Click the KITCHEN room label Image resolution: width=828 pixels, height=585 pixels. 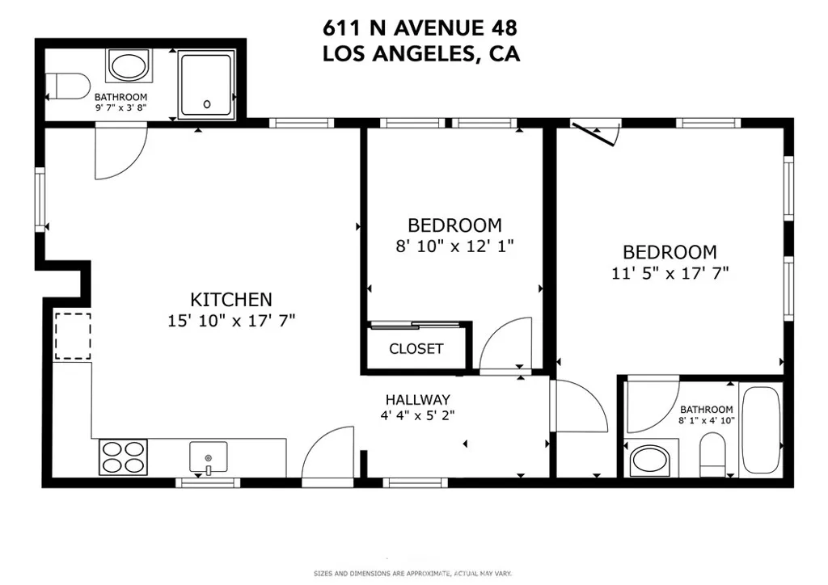(230, 299)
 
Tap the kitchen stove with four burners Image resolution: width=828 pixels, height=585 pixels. (123, 457)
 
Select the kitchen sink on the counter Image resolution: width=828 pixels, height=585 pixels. (208, 457)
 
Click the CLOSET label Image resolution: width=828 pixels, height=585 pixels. (416, 349)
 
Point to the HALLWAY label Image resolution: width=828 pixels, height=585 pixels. (416, 399)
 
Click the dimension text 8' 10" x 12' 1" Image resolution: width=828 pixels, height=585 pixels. (454, 246)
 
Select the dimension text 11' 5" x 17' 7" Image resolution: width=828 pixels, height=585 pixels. (670, 273)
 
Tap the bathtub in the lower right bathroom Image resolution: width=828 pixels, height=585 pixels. (760, 430)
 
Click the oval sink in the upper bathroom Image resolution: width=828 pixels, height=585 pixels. (129, 65)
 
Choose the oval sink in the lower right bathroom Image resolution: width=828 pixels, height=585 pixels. (652, 461)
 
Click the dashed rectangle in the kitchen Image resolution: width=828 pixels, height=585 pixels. (73, 336)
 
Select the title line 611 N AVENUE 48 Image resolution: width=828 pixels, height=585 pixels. (420, 29)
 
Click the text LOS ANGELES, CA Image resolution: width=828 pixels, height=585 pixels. (420, 54)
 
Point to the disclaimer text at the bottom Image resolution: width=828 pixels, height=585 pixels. (412, 574)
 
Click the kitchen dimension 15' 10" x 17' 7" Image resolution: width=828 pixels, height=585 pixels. (230, 321)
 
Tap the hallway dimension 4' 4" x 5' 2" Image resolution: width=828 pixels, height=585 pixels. (416, 416)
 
